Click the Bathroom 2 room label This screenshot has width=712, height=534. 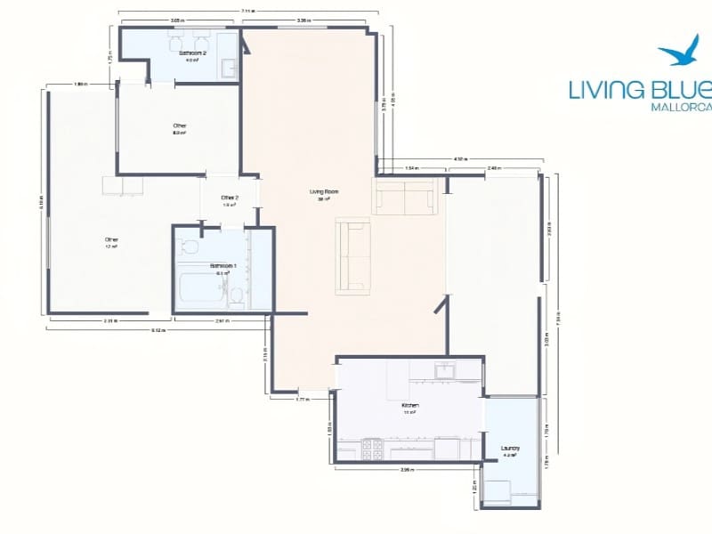(192, 53)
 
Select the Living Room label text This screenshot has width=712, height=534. (324, 192)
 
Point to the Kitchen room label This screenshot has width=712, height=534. (410, 405)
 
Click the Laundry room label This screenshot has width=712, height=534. (511, 449)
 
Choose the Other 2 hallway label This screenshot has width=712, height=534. (230, 198)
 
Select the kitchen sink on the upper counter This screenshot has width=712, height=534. (443, 370)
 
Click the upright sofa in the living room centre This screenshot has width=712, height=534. (352, 256)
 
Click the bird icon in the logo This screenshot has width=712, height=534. (680, 53)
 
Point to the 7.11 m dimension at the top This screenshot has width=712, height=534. (247, 12)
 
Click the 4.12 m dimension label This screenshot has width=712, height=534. (458, 159)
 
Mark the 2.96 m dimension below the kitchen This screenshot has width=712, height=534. (407, 469)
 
